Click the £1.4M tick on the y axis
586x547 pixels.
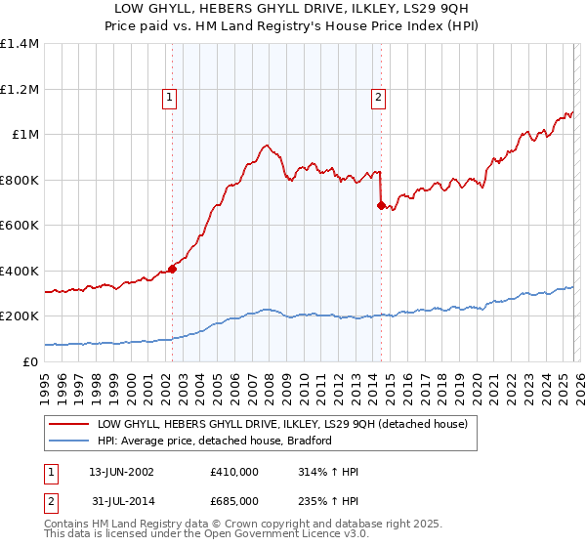[x=20, y=44]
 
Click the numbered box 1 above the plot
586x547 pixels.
[x=170, y=97]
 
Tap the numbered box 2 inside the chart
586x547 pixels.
[x=377, y=97]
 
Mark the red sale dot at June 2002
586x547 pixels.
[x=172, y=268]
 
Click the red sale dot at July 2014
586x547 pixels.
[x=380, y=205]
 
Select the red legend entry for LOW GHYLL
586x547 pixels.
[x=282, y=424]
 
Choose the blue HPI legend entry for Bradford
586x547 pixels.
[x=215, y=441]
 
